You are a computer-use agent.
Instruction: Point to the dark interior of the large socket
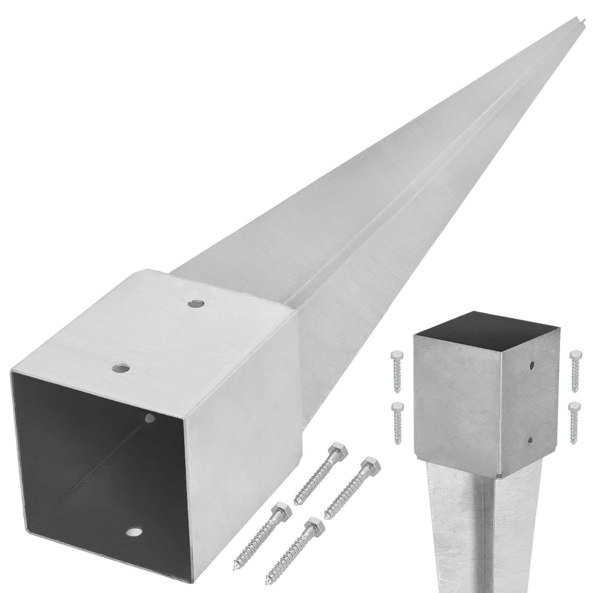[x=93, y=445]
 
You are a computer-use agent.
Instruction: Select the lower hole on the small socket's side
[x=530, y=440]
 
